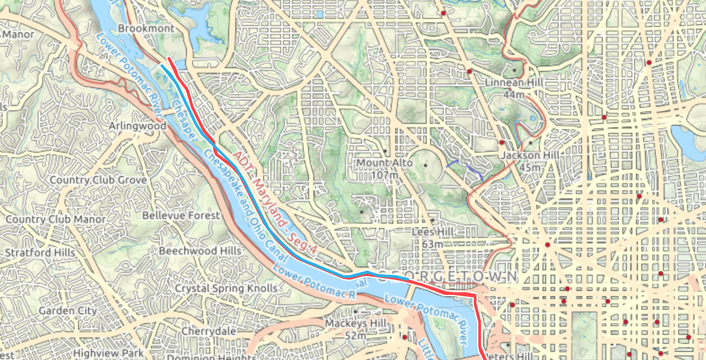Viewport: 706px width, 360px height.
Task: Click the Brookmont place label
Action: point(146,28)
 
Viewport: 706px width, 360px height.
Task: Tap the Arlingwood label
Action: point(137,126)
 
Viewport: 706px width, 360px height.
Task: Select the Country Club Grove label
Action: point(98,180)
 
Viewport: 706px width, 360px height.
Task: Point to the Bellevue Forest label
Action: point(181,215)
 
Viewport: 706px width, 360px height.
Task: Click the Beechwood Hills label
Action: point(200,250)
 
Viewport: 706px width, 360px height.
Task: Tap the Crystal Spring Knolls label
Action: point(226,288)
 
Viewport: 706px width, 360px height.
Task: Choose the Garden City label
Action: point(68,311)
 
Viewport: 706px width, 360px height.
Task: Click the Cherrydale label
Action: point(209,331)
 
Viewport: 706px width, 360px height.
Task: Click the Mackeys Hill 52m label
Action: point(356,329)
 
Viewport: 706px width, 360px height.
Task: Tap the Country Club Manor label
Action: point(56,220)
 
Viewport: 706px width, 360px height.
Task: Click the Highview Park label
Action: point(108,354)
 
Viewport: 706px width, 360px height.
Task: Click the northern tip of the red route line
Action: point(169,58)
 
